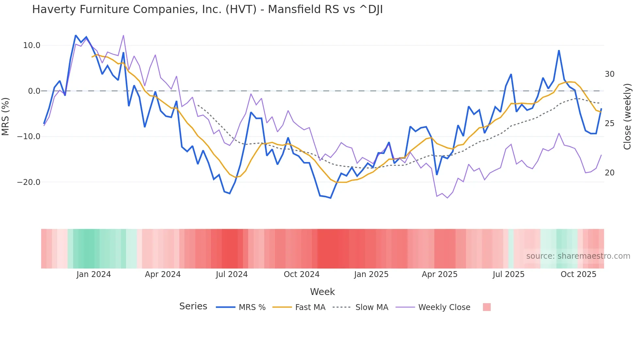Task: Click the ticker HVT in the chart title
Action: (241, 9)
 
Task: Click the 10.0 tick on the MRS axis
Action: (31, 45)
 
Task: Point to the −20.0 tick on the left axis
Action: (29, 182)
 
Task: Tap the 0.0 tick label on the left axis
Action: (34, 91)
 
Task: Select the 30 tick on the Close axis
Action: (609, 74)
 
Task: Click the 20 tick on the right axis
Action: (609, 173)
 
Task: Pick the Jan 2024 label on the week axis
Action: (93, 274)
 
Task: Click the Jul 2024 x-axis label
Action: (232, 274)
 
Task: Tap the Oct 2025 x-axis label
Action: (578, 274)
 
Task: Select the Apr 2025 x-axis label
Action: (440, 274)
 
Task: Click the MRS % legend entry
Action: (252, 307)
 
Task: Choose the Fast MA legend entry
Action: (310, 307)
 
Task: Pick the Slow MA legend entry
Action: (372, 307)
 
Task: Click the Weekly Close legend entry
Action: (444, 307)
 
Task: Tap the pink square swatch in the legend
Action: (487, 307)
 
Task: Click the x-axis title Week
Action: (322, 292)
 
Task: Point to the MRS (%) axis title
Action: (5, 116)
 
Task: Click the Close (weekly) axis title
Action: (627, 116)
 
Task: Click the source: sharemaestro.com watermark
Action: (578, 256)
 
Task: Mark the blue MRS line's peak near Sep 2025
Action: (559, 51)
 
